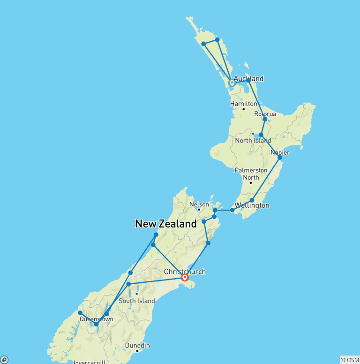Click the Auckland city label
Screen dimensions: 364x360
(248, 78)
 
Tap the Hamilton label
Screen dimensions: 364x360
(243, 104)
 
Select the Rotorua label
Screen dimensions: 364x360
(265, 114)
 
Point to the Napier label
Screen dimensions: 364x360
(280, 152)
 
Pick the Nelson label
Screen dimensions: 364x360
(199, 205)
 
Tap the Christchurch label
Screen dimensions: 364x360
(185, 272)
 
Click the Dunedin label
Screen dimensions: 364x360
(137, 345)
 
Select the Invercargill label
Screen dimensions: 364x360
(90, 362)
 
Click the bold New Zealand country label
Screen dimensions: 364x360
(166, 224)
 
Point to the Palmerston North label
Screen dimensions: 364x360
(251, 174)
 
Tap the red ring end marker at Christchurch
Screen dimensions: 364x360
(185, 278)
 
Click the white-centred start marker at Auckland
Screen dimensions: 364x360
(232, 83)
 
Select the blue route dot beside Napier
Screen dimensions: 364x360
(280, 158)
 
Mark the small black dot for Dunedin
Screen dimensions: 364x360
(137, 351)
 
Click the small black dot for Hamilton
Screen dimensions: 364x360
(243, 109)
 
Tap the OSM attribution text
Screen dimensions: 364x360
(350, 360)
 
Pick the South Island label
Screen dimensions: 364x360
(136, 301)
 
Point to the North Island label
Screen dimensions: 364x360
(253, 141)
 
